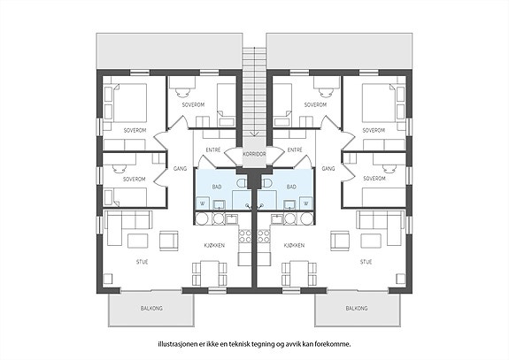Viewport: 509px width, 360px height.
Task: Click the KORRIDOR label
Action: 254,154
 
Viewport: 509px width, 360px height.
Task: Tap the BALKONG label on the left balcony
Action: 151,308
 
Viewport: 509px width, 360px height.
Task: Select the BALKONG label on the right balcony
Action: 357,308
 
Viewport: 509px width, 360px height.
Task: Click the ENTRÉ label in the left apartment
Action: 213,149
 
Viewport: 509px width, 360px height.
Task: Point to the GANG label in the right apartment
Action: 328,169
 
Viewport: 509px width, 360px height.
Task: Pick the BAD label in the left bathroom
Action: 217,187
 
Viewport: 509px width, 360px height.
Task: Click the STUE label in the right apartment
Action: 366,262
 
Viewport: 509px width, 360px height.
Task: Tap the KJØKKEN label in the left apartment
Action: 214,246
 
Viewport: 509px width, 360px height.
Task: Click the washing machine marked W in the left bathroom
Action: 203,203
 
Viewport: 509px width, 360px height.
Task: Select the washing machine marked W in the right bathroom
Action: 305,203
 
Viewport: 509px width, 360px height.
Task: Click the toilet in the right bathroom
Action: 266,182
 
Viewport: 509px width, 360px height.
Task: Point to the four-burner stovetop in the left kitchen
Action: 244,236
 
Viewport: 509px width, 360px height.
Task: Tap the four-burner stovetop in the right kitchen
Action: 264,236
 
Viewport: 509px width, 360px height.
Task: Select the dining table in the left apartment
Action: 210,273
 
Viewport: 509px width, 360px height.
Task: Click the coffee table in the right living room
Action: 371,241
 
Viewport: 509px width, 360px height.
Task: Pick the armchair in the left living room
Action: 169,241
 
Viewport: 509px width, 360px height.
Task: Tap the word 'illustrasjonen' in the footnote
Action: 174,344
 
